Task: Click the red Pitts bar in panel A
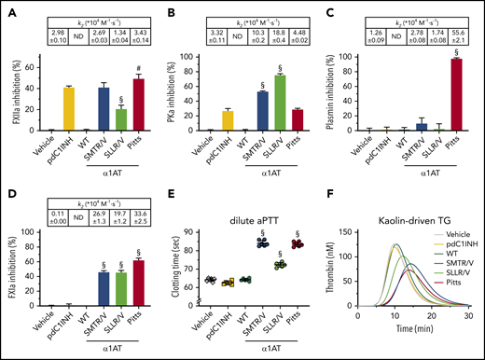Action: pyautogui.click(x=138, y=104)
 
